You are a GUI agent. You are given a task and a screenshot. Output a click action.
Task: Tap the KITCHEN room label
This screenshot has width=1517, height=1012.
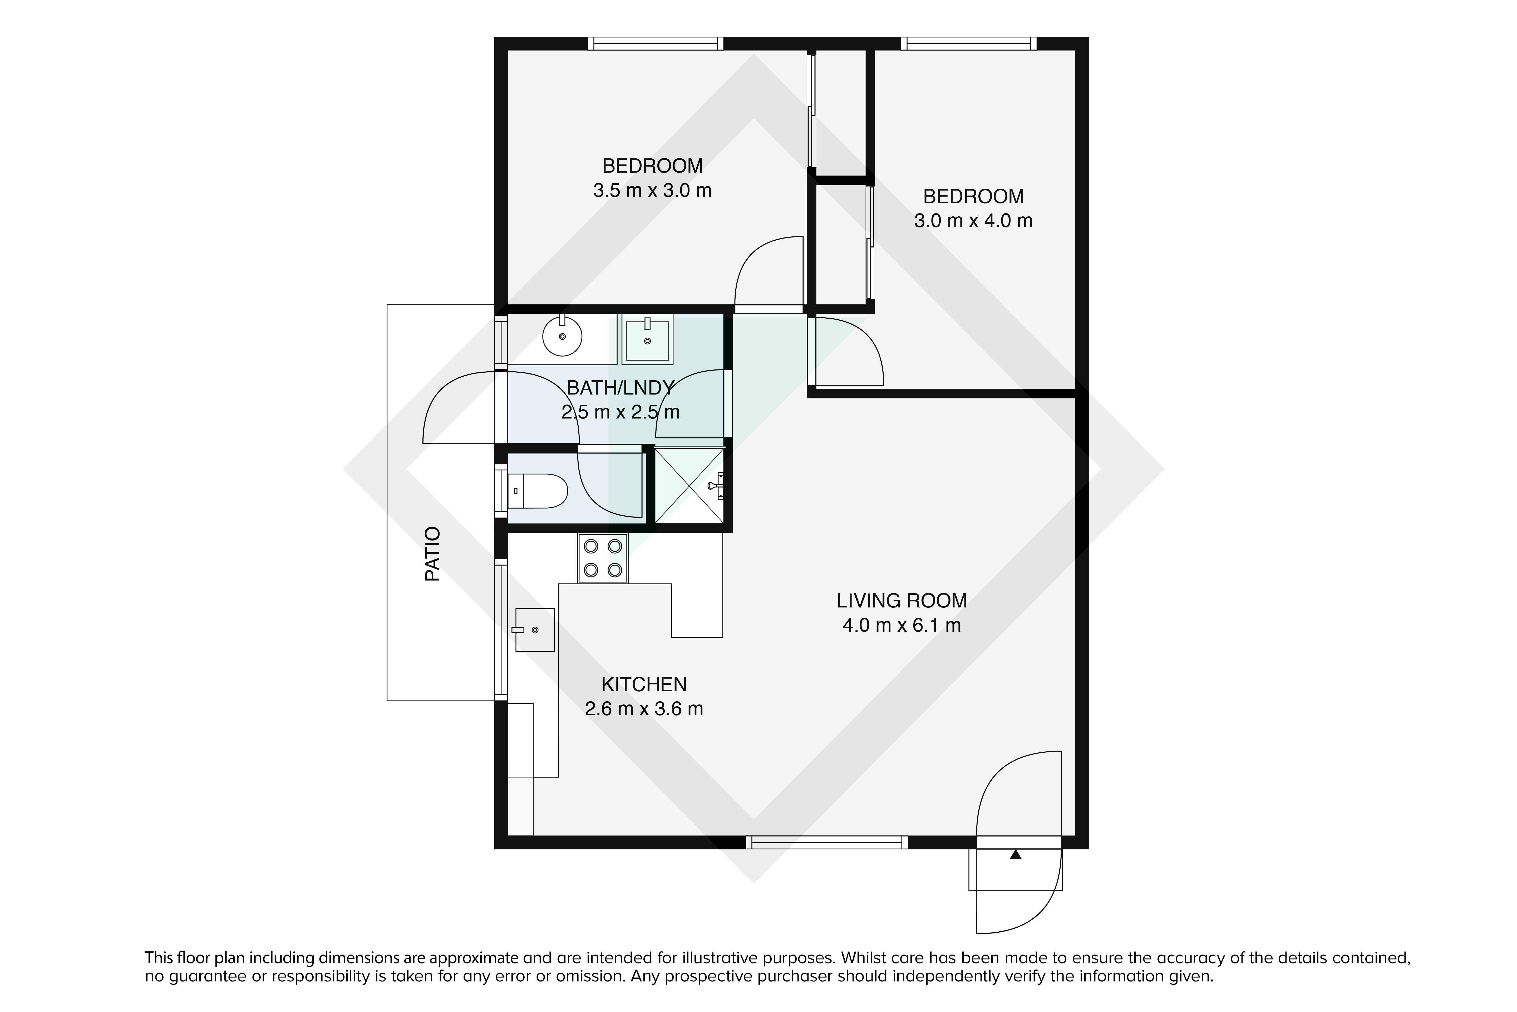644,684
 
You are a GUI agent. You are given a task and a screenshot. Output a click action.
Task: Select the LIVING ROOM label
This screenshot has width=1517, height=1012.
902,601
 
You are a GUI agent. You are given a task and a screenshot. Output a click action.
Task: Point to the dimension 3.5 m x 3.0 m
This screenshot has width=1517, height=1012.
652,190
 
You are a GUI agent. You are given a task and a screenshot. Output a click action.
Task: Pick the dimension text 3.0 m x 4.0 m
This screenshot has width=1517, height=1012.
973,221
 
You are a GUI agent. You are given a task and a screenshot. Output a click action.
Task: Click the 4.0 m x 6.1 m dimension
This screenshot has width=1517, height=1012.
902,625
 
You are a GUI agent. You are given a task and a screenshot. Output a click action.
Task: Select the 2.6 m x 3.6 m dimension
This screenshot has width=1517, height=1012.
644,709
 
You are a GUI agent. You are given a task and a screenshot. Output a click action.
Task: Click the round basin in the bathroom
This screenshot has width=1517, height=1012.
563,335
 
